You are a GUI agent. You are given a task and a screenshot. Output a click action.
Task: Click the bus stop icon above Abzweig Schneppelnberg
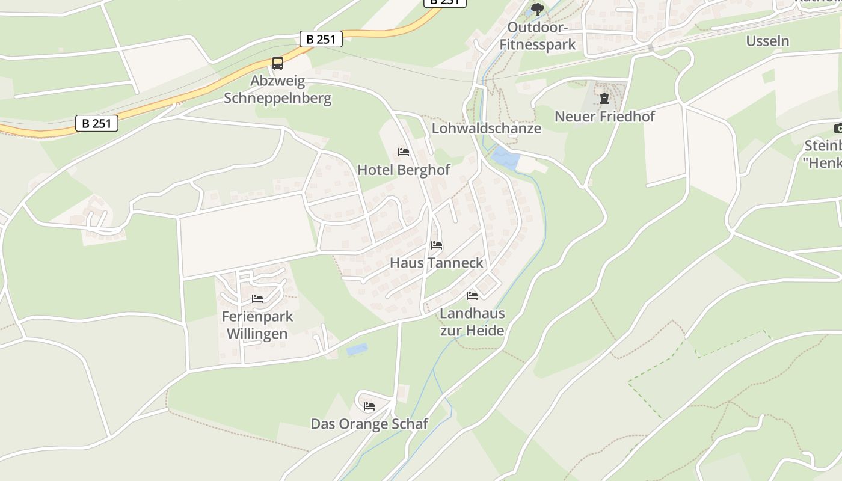pyautogui.click(x=277, y=63)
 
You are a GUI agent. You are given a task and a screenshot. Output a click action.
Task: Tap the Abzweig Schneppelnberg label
pyautogui.click(x=277, y=90)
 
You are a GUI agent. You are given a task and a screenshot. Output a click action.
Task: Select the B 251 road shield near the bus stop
pyautogui.click(x=321, y=40)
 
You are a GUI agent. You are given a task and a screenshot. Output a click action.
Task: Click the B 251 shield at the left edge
pyautogui.click(x=97, y=123)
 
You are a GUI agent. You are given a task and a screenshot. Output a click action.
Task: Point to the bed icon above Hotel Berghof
pyautogui.click(x=403, y=152)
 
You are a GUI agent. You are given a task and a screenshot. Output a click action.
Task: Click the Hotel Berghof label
pyautogui.click(x=404, y=170)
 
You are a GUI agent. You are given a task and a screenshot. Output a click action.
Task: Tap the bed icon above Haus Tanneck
pyautogui.click(x=437, y=245)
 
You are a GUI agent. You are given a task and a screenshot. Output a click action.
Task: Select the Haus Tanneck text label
pyautogui.click(x=437, y=263)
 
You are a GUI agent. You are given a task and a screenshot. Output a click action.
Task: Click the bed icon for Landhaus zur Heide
pyautogui.click(x=472, y=296)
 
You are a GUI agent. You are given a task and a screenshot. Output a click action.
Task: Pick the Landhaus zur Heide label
pyautogui.click(x=472, y=322)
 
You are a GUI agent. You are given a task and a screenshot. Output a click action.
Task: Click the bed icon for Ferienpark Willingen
pyautogui.click(x=257, y=299)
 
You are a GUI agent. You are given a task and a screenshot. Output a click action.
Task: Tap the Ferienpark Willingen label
pyautogui.click(x=257, y=325)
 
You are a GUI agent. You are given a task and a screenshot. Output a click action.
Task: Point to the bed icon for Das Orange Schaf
pyautogui.click(x=369, y=406)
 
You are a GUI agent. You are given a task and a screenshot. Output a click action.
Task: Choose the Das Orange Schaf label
pyautogui.click(x=369, y=424)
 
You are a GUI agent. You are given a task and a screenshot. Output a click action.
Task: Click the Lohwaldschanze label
pyautogui.click(x=487, y=128)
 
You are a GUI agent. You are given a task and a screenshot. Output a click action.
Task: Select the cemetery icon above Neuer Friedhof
pyautogui.click(x=604, y=98)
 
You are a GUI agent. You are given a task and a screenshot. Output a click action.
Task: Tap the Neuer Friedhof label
pyautogui.click(x=604, y=116)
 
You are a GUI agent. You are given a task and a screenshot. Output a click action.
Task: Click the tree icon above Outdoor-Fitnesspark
pyautogui.click(x=537, y=9)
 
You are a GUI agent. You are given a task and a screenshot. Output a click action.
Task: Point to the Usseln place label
pyautogui.click(x=767, y=41)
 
